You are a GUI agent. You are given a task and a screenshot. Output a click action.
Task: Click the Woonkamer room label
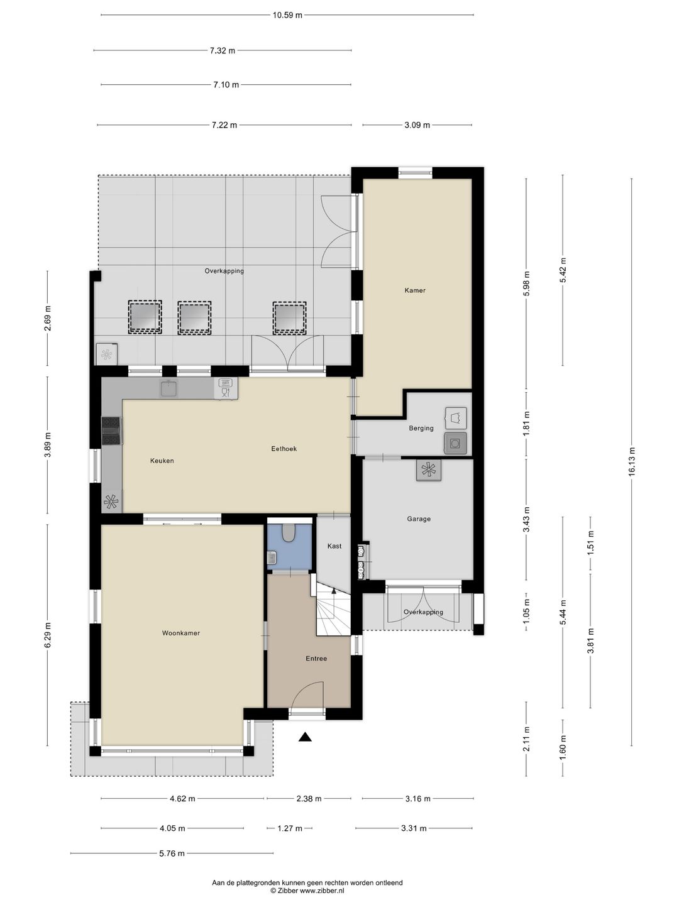tap(180, 633)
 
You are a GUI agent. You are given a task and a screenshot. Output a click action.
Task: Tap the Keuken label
tap(162, 461)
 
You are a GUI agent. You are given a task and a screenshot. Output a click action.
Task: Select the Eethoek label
tap(284, 449)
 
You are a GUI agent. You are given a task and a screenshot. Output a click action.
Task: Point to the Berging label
tap(421, 428)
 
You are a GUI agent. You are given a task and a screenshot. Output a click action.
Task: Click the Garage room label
tap(419, 518)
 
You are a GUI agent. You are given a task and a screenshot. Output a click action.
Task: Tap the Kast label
tap(334, 546)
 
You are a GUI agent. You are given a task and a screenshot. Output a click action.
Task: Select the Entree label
tap(316, 659)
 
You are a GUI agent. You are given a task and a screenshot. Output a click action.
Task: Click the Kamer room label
tap(415, 290)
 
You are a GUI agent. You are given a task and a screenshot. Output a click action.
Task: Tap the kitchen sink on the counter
tap(169, 388)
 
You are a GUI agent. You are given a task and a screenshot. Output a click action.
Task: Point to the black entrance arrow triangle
tap(305, 737)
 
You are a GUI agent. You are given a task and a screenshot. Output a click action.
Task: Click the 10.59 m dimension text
tap(287, 15)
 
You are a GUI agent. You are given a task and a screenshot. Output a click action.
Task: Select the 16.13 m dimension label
tap(632, 462)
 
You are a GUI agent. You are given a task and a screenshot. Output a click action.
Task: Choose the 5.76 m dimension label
tap(172, 853)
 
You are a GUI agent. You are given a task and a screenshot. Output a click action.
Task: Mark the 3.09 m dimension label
tap(417, 125)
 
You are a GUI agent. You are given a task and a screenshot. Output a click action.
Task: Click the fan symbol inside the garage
tap(429, 470)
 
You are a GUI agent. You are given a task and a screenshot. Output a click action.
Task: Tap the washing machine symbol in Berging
tap(455, 443)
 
